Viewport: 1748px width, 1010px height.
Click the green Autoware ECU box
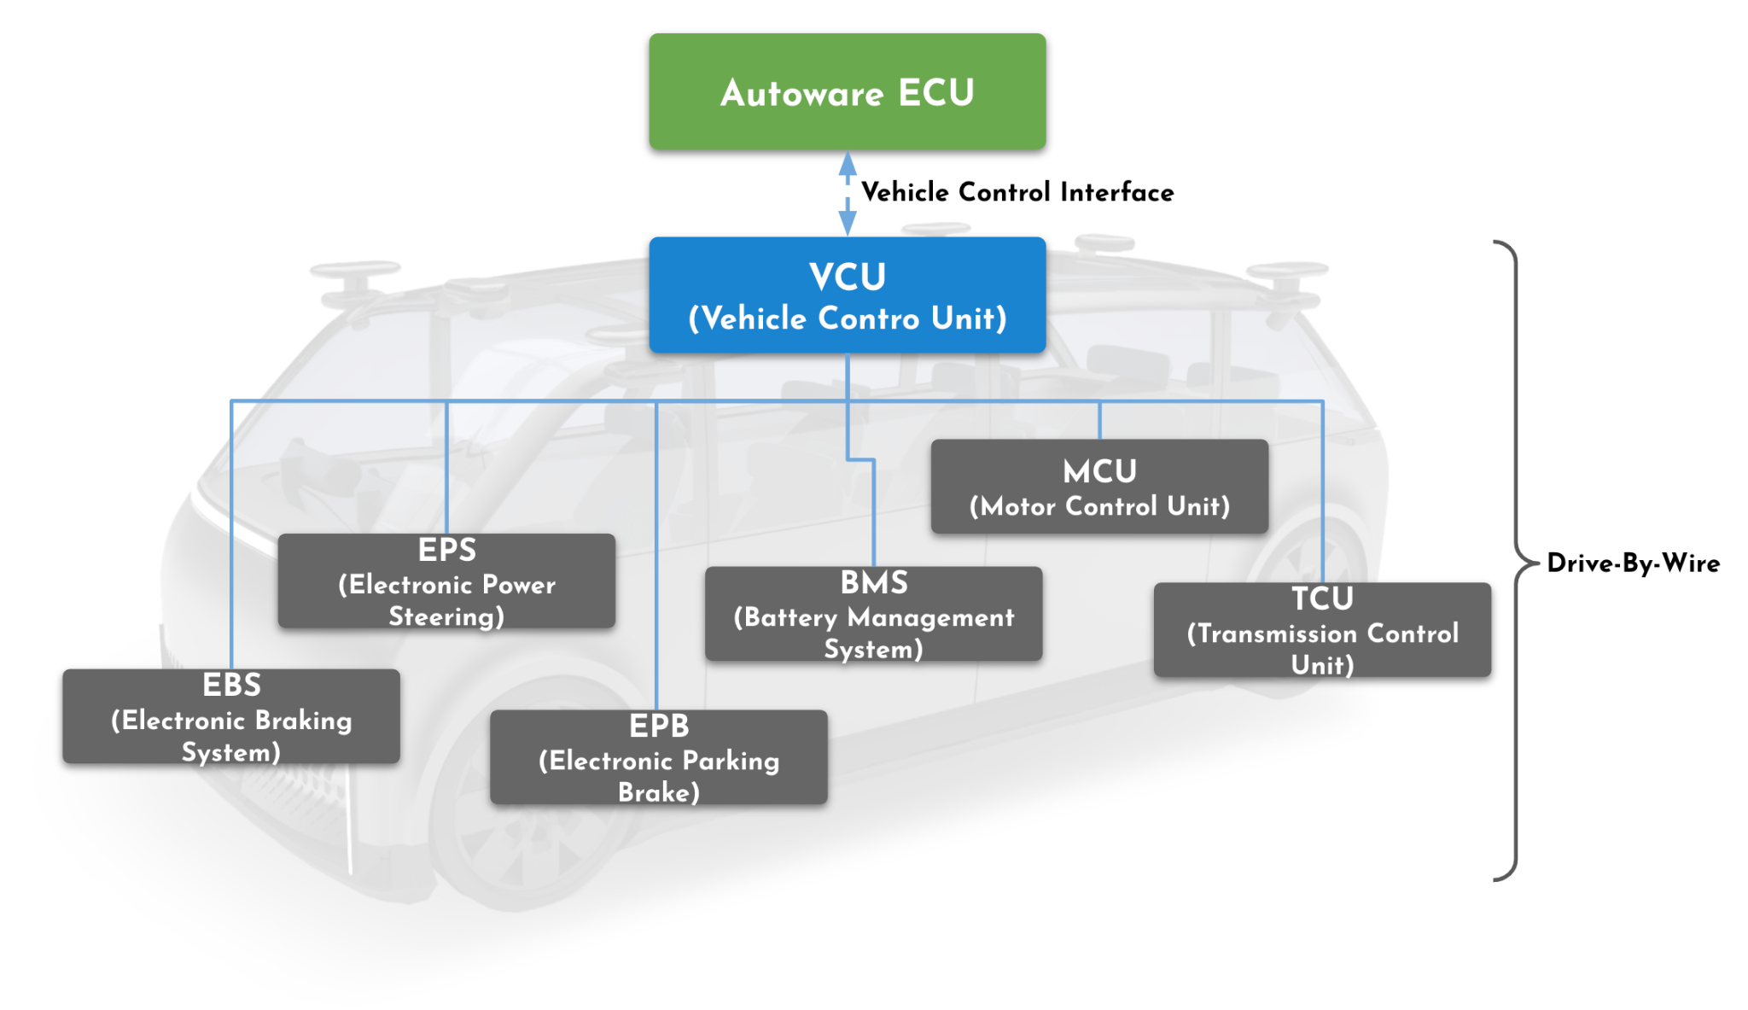847,92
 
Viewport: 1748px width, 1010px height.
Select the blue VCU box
847,295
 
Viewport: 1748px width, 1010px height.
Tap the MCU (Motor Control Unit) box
1099,487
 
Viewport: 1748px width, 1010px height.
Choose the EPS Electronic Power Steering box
446,581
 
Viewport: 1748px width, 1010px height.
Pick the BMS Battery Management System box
873,614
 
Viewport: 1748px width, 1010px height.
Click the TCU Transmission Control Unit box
1322,630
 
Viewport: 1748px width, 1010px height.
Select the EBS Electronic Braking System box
231,716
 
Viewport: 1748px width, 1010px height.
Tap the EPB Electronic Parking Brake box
658,757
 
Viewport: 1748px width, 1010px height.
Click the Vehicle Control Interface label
1017,192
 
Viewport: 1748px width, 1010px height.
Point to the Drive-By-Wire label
1633,563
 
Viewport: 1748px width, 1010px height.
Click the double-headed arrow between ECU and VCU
848,194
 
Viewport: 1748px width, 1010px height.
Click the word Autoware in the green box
801,93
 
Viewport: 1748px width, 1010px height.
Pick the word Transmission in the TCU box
1278,633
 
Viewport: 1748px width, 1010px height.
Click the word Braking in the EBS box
304,721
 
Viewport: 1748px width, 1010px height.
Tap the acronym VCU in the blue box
848,277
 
